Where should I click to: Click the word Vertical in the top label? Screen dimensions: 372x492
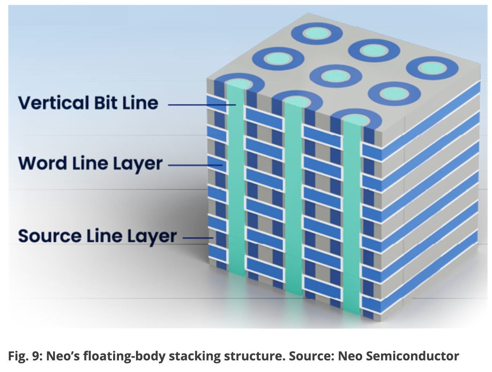53,103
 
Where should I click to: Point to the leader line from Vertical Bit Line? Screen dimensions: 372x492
201,105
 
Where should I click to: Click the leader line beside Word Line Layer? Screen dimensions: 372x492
196,165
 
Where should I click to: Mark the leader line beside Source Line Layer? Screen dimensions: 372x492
198,238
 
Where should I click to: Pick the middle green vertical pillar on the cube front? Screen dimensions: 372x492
293,194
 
